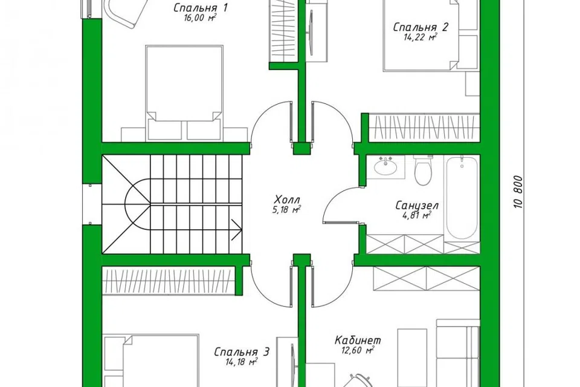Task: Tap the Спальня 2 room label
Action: click(x=420, y=27)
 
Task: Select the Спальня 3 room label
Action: click(x=242, y=351)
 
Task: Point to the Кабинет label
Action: click(x=358, y=340)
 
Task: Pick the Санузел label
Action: click(x=417, y=205)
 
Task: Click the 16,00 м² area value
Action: click(x=200, y=18)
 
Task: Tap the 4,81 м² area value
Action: click(x=416, y=215)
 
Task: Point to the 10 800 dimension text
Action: click(x=518, y=192)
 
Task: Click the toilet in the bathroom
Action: click(x=423, y=170)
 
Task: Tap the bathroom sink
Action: click(x=386, y=166)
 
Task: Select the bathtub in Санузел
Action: click(x=461, y=198)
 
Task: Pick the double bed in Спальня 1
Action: click(x=184, y=93)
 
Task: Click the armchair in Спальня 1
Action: click(x=123, y=12)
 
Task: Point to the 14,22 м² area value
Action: click(x=421, y=37)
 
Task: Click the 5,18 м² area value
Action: click(x=287, y=210)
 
